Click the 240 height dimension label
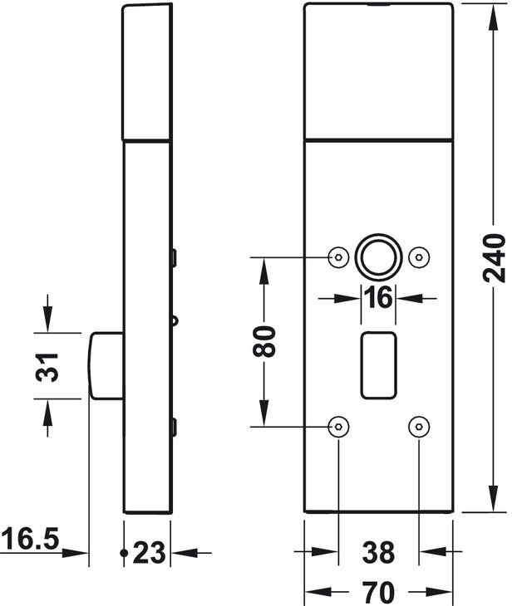(495, 258)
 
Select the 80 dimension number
(264, 341)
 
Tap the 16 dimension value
(378, 298)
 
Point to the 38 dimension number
(378, 552)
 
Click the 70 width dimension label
(378, 591)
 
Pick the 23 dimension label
(149, 553)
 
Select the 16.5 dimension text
(29, 539)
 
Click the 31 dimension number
(47, 366)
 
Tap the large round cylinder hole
(378, 257)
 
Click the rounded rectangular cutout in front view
(378, 365)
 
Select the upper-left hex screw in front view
(338, 257)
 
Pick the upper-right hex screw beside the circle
(419, 257)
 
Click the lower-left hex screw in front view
(338, 427)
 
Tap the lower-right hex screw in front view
(419, 427)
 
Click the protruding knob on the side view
(106, 365)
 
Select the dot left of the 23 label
(124, 553)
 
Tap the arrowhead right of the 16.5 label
(74, 553)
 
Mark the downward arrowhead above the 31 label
(47, 319)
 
